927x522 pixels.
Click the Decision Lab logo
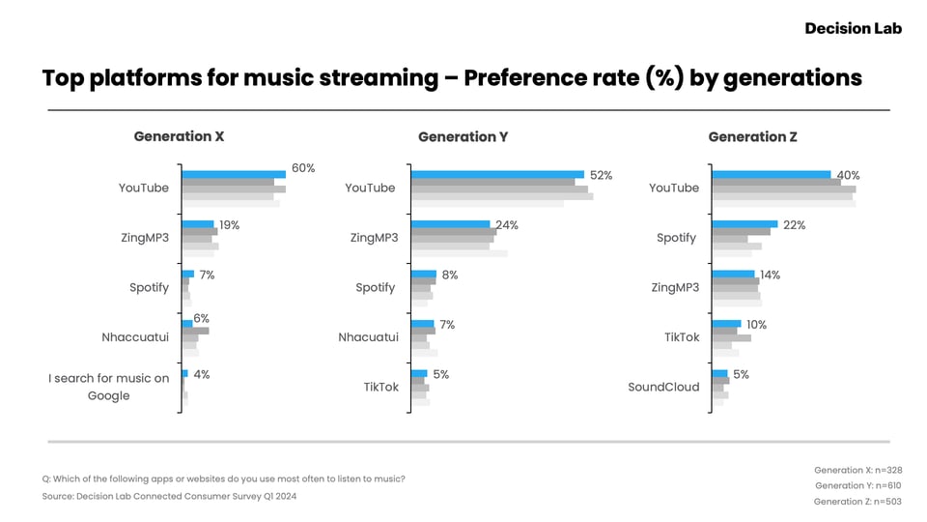pyautogui.click(x=853, y=28)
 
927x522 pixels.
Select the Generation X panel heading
pyautogui.click(x=179, y=136)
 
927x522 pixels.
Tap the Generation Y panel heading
pyautogui.click(x=463, y=136)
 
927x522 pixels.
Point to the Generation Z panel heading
pyautogui.click(x=752, y=136)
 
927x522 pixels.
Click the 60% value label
pyautogui.click(x=303, y=168)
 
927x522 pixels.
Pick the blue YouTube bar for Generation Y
pyautogui.click(x=497, y=175)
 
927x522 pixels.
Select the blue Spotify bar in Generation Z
pyautogui.click(x=744, y=224)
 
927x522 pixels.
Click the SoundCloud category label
pyautogui.click(x=663, y=387)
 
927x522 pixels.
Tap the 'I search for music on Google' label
pyautogui.click(x=109, y=387)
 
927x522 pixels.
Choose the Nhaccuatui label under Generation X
pyautogui.click(x=135, y=337)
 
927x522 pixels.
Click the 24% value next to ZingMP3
pyautogui.click(x=507, y=225)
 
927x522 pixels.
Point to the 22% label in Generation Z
pyautogui.click(x=795, y=225)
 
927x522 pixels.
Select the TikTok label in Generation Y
pyautogui.click(x=381, y=387)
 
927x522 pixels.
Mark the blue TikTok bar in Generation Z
pyautogui.click(x=726, y=324)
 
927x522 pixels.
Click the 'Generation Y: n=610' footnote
pyautogui.click(x=857, y=485)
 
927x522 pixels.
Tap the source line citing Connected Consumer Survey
pyautogui.click(x=169, y=496)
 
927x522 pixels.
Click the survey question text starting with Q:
pyautogui.click(x=223, y=478)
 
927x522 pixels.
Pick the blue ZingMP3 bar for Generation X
pyautogui.click(x=198, y=224)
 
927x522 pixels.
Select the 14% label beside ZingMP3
pyautogui.click(x=770, y=275)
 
